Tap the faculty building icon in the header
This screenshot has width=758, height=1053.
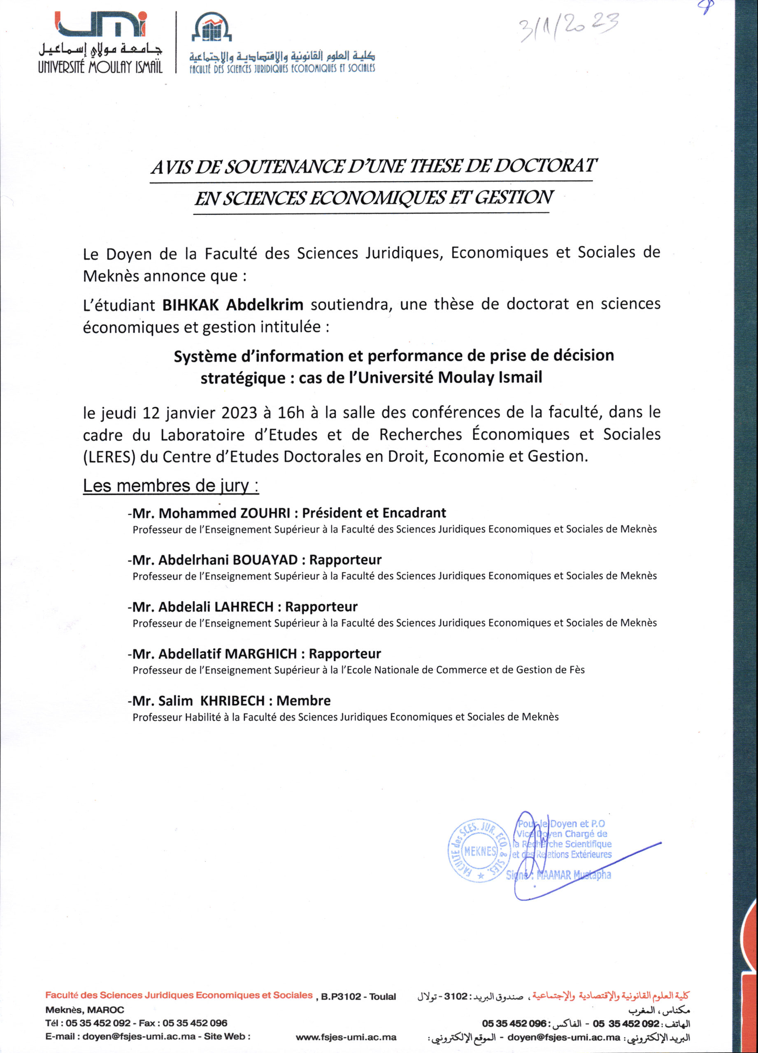pyautogui.click(x=212, y=30)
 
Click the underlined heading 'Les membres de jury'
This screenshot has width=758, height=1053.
pyautogui.click(x=170, y=486)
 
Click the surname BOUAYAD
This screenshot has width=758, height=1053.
pyautogui.click(x=265, y=560)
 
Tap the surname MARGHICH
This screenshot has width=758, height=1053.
pyautogui.click(x=260, y=654)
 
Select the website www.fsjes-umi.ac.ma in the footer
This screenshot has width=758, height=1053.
pyautogui.click(x=346, y=1037)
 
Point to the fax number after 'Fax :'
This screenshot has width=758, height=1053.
pyautogui.click(x=195, y=1023)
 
